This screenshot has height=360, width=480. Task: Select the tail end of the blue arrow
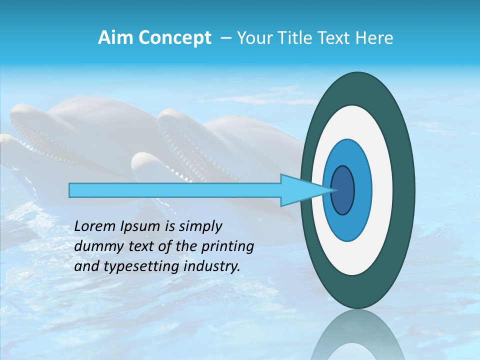coord(71,190)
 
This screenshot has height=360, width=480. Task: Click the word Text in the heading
coord(334,38)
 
